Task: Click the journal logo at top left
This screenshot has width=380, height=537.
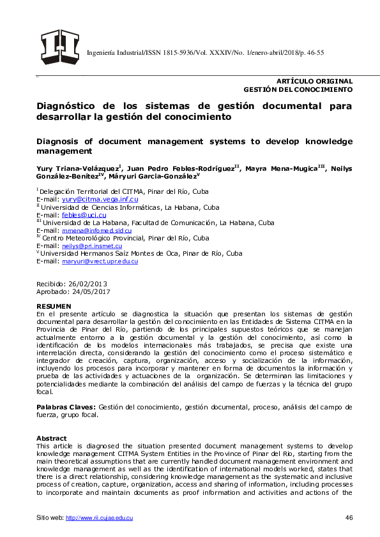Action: coord(59,47)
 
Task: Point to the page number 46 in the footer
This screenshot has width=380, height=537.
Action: coord(349,517)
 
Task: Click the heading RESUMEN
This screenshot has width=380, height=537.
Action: coord(54,307)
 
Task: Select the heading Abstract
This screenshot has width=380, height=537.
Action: coord(52,438)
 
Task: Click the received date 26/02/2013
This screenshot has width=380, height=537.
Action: coord(89,283)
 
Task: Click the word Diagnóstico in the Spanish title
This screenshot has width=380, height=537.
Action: coord(66,106)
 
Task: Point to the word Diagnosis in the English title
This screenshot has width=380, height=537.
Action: coord(60,140)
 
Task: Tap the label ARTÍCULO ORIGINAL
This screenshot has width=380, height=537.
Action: coord(314,81)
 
